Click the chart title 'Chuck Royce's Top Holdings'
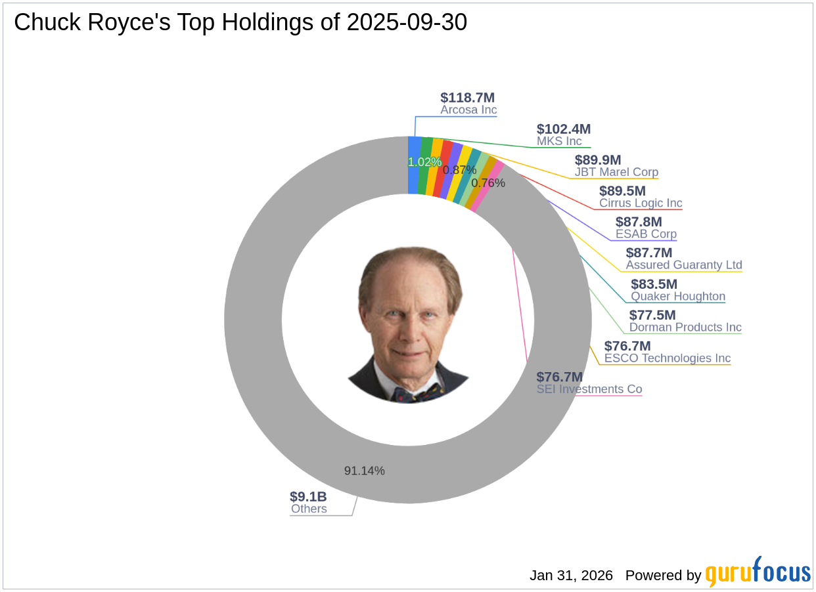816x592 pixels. point(240,22)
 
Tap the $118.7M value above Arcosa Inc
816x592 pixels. point(468,98)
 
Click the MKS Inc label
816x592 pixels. point(559,141)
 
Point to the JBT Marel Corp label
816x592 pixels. point(616,173)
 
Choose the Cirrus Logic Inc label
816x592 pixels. point(641,203)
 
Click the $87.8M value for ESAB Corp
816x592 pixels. point(639,222)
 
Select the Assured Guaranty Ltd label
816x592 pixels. point(684,265)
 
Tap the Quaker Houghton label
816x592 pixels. point(678,296)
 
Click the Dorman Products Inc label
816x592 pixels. point(685,327)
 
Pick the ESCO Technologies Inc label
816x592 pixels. point(668,358)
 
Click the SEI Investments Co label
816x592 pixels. point(589,389)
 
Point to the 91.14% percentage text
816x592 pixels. point(365,471)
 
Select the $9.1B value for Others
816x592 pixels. point(308,497)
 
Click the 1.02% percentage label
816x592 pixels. point(424,162)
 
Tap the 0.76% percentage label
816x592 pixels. point(488,183)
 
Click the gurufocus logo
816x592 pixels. point(758,572)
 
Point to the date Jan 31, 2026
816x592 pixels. point(571,576)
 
